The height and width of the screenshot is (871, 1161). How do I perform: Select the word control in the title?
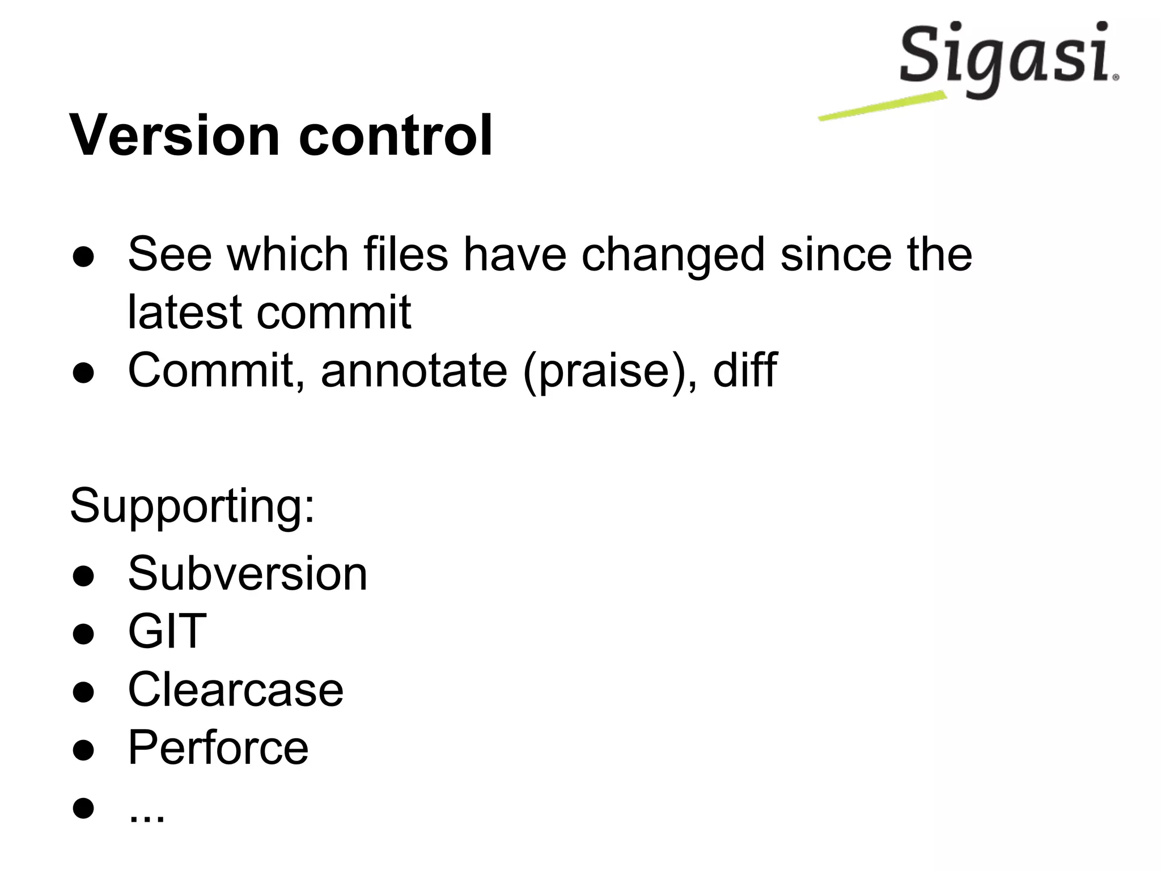[x=395, y=136]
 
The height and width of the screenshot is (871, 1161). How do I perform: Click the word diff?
[x=744, y=369]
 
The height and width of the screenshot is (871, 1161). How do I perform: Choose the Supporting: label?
[x=192, y=506]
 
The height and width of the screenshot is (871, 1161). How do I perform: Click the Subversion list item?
[x=248, y=574]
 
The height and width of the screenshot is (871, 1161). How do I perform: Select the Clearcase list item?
[x=236, y=690]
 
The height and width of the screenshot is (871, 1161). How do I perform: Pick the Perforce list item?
[x=218, y=747]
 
